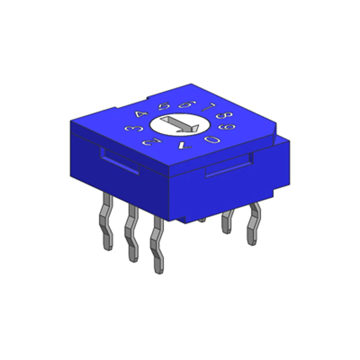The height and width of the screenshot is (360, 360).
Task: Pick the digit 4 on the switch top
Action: click(142, 114)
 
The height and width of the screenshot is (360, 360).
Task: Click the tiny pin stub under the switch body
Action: click(202, 219)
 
